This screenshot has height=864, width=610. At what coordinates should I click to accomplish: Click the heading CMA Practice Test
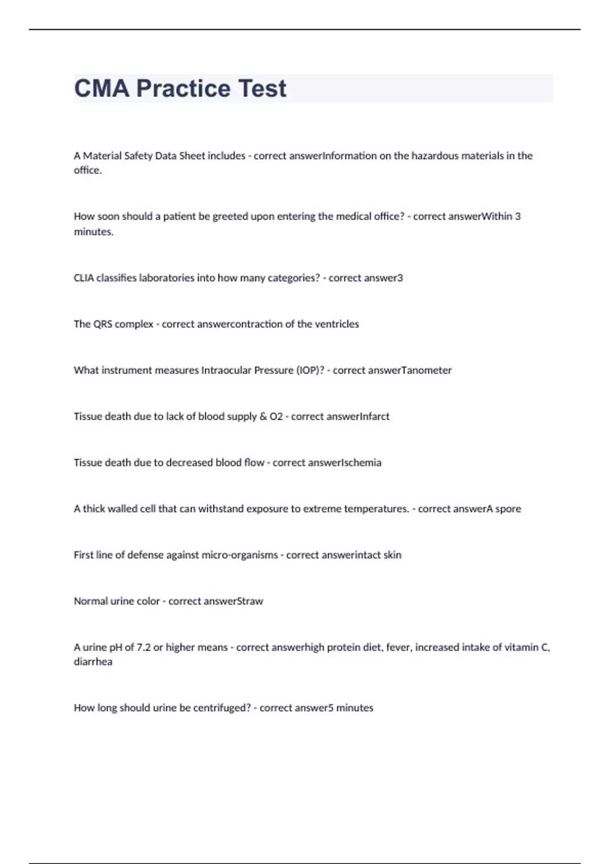click(180, 88)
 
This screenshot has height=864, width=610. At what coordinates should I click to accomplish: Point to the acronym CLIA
click(84, 278)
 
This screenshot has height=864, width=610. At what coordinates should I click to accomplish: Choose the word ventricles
click(335, 324)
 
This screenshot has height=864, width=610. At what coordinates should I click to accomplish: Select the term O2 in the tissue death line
click(276, 417)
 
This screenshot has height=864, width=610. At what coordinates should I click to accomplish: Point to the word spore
click(508, 509)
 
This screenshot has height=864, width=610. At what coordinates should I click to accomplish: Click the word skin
click(392, 555)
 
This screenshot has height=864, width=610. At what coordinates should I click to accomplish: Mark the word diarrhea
click(93, 662)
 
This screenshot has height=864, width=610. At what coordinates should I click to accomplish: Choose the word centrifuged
click(222, 708)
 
